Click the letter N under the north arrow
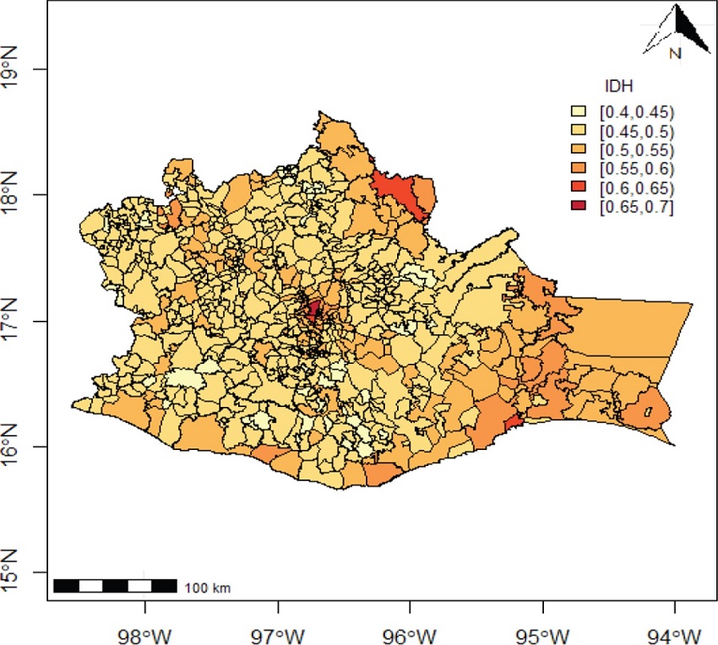click(x=674, y=54)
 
